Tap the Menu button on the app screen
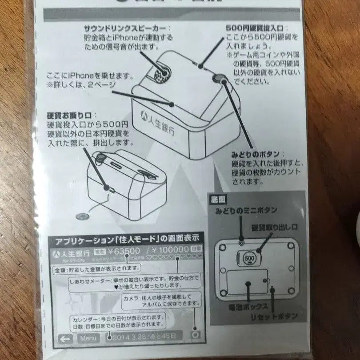[89, 338]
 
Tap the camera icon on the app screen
[194, 335]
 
